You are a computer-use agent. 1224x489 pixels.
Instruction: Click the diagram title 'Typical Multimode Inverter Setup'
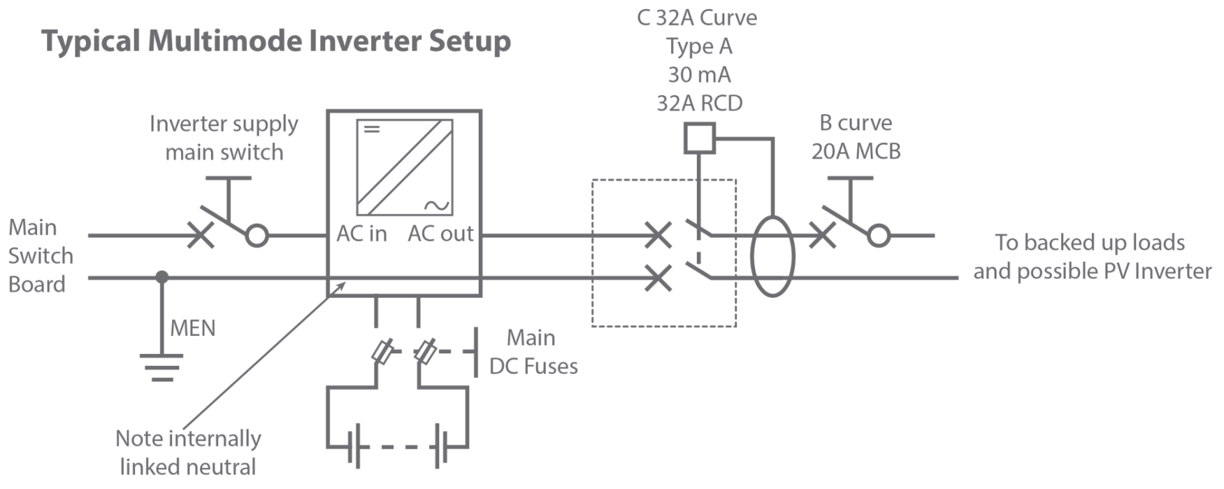(x=276, y=42)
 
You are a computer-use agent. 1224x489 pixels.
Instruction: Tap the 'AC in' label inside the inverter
(x=361, y=234)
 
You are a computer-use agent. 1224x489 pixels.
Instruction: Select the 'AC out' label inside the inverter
(x=441, y=234)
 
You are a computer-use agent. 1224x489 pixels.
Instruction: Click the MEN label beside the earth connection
(x=193, y=328)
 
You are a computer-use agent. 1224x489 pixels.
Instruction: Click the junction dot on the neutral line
(x=163, y=277)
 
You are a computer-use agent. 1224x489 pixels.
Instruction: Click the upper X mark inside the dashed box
(x=658, y=235)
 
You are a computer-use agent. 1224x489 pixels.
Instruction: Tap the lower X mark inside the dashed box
(x=658, y=277)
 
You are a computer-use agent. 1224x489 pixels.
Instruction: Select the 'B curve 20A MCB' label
(x=856, y=138)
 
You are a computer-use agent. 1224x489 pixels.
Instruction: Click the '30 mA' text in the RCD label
(x=699, y=75)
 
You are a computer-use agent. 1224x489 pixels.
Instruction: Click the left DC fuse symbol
(x=382, y=352)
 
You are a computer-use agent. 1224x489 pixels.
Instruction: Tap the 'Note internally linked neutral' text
(x=188, y=453)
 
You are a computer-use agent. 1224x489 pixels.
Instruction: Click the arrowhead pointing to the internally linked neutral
(x=343, y=284)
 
